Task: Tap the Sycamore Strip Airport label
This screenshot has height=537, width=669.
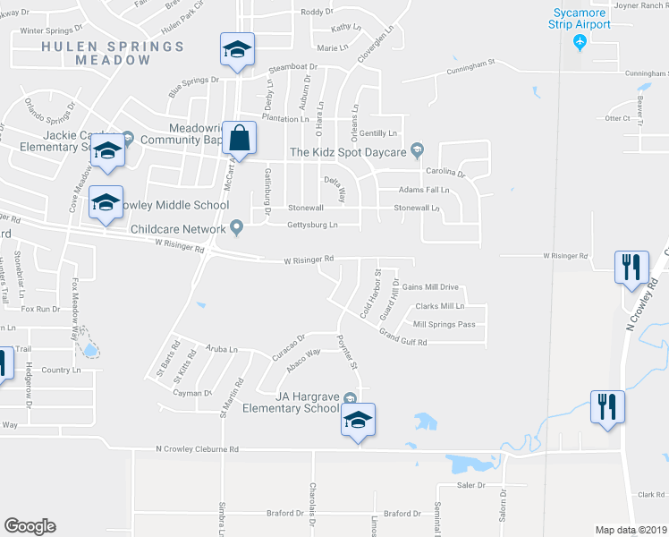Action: coord(580,18)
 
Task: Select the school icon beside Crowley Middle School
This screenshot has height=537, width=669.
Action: coord(106,205)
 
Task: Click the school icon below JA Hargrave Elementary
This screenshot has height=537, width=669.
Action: coord(358,421)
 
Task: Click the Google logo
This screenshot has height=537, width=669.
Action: coord(30,526)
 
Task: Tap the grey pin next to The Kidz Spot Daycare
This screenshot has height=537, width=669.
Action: coord(416,150)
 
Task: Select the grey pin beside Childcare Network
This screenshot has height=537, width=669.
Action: coord(237,227)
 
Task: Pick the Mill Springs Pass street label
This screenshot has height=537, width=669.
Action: coord(444,324)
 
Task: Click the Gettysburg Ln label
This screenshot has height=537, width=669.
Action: coord(312,225)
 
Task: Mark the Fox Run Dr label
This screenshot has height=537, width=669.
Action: coord(40,309)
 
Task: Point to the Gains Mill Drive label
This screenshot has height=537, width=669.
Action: coord(430,287)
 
